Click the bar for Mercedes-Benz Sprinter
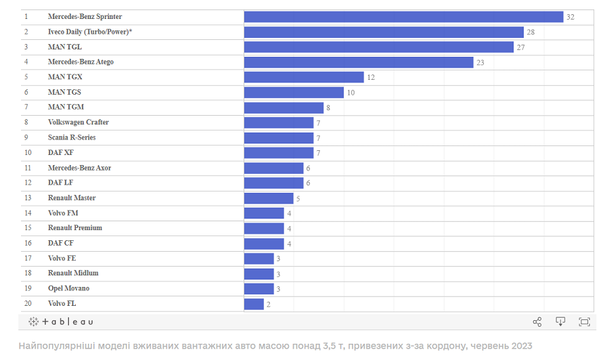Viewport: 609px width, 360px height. tap(403, 16)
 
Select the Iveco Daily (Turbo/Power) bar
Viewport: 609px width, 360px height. tap(384, 32)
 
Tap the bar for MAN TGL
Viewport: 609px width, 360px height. tap(379, 47)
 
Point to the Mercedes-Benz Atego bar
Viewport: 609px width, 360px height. tap(359, 62)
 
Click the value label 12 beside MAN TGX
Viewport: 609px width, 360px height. tap(371, 77)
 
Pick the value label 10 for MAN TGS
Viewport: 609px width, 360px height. tap(351, 92)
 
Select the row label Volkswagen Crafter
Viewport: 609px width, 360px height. tap(78, 122)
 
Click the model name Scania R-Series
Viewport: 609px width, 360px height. tap(72, 137)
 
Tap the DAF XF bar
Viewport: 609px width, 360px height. tap(279, 153)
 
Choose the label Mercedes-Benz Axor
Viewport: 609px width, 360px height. tap(80, 168)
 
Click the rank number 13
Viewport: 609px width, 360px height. tap(28, 198)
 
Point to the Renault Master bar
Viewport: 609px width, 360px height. tap(269, 198)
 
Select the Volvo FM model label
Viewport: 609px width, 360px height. tap(63, 213)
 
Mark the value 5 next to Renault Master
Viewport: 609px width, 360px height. tap(298, 199)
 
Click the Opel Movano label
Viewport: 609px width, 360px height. tap(68, 288)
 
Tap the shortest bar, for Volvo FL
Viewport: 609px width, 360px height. tap(254, 304)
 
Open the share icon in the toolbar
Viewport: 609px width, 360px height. tap(537, 322)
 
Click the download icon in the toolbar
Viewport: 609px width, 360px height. tap(560, 322)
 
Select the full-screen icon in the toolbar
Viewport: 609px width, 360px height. tap(584, 322)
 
